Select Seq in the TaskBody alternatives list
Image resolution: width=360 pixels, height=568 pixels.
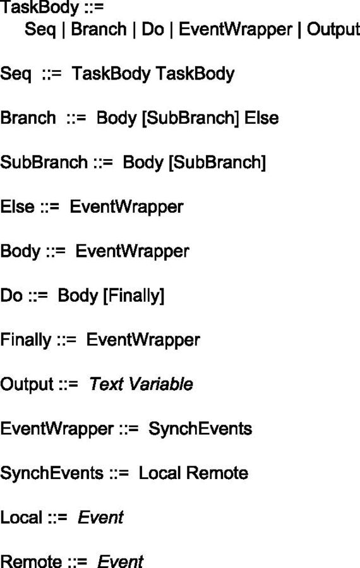click(x=40, y=30)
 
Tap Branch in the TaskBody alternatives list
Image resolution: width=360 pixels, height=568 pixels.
click(x=99, y=29)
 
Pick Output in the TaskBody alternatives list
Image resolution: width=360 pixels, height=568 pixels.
click(x=333, y=29)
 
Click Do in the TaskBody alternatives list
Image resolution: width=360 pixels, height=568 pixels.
click(x=153, y=29)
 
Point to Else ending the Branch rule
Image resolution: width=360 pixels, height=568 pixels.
click(x=261, y=118)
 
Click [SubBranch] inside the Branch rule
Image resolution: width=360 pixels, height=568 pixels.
click(x=190, y=119)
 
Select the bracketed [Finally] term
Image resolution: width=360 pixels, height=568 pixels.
click(x=134, y=296)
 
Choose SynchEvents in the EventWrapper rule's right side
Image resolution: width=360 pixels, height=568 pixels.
click(x=200, y=429)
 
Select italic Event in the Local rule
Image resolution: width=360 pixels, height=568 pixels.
click(x=101, y=518)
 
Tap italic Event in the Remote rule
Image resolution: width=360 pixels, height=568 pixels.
click(x=121, y=561)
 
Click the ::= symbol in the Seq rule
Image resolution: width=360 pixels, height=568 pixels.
click(x=52, y=74)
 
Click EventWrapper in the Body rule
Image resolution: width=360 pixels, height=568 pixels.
click(x=133, y=252)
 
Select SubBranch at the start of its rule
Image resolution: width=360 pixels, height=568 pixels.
click(x=44, y=162)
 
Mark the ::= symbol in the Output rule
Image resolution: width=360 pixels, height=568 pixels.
click(x=68, y=384)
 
